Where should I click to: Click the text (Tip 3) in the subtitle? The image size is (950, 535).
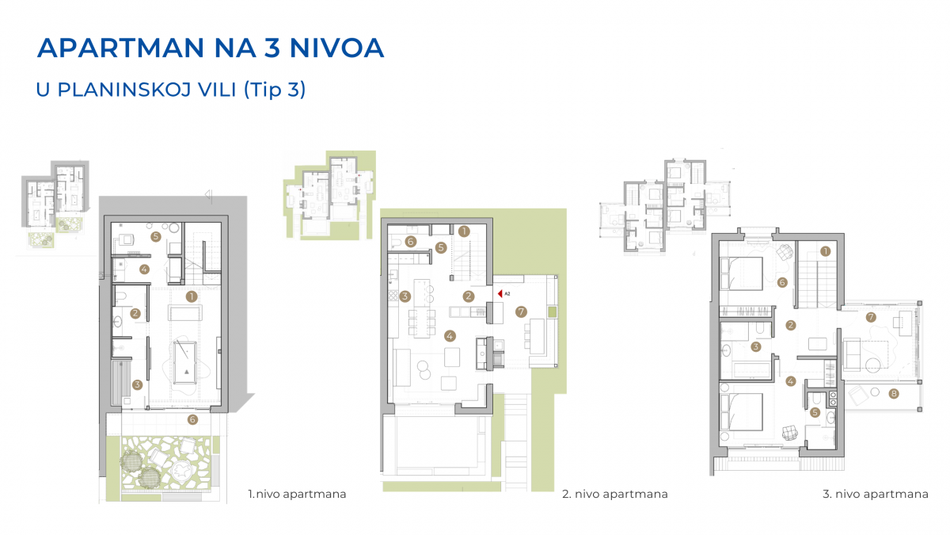pyautogui.click(x=275, y=90)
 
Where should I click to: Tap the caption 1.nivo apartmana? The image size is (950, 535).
pyautogui.click(x=297, y=494)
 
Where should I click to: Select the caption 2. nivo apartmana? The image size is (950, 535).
pyautogui.click(x=615, y=494)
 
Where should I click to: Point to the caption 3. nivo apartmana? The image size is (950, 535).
pyautogui.click(x=876, y=494)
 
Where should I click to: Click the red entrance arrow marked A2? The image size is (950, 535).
pyautogui.click(x=500, y=293)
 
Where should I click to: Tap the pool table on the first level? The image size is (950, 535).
pyautogui.click(x=185, y=361)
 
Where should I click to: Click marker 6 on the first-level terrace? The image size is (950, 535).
pyautogui.click(x=192, y=419)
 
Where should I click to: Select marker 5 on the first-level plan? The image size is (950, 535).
pyautogui.click(x=156, y=236)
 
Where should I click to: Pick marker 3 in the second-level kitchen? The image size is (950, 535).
pyautogui.click(x=405, y=296)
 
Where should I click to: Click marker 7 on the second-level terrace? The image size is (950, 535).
pyautogui.click(x=521, y=312)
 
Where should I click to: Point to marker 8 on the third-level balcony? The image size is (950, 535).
pyautogui.click(x=894, y=394)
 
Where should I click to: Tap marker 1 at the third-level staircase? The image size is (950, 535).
pyautogui.click(x=825, y=251)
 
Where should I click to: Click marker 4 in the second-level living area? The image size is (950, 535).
pyautogui.click(x=450, y=336)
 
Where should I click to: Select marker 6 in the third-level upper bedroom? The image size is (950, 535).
pyautogui.click(x=782, y=282)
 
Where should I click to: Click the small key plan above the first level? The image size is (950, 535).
pyautogui.click(x=55, y=204)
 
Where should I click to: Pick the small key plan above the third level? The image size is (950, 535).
pyautogui.click(x=665, y=206)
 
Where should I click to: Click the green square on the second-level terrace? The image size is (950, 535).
pyautogui.click(x=552, y=312)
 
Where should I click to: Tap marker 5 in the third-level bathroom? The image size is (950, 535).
pyautogui.click(x=815, y=412)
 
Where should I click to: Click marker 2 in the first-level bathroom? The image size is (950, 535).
pyautogui.click(x=135, y=313)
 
